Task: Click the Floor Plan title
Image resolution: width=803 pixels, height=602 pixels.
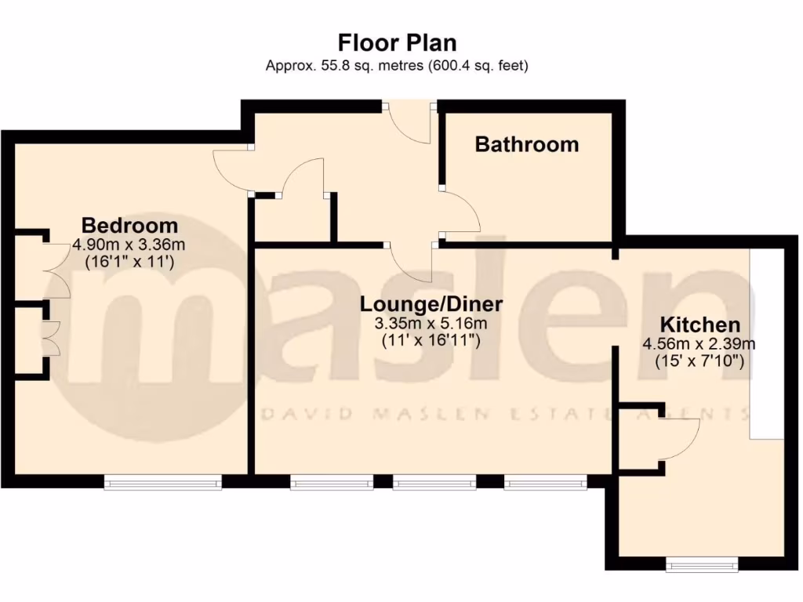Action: [x=397, y=42]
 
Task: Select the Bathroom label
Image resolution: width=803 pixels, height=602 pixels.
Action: [x=527, y=144]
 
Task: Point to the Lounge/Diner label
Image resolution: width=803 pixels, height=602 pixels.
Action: [x=431, y=303]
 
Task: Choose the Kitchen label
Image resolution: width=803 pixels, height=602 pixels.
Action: [x=699, y=325]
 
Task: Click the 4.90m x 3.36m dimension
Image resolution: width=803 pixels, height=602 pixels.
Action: [x=129, y=245]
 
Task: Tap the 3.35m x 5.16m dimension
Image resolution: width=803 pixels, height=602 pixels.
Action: [x=431, y=323]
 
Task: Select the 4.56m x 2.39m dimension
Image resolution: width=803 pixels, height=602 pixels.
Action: [x=699, y=343]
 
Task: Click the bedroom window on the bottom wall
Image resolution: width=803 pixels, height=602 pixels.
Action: [x=163, y=484]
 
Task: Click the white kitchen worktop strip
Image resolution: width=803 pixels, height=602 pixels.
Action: [x=767, y=345]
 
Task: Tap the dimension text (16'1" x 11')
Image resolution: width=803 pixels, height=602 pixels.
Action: [x=129, y=263]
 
